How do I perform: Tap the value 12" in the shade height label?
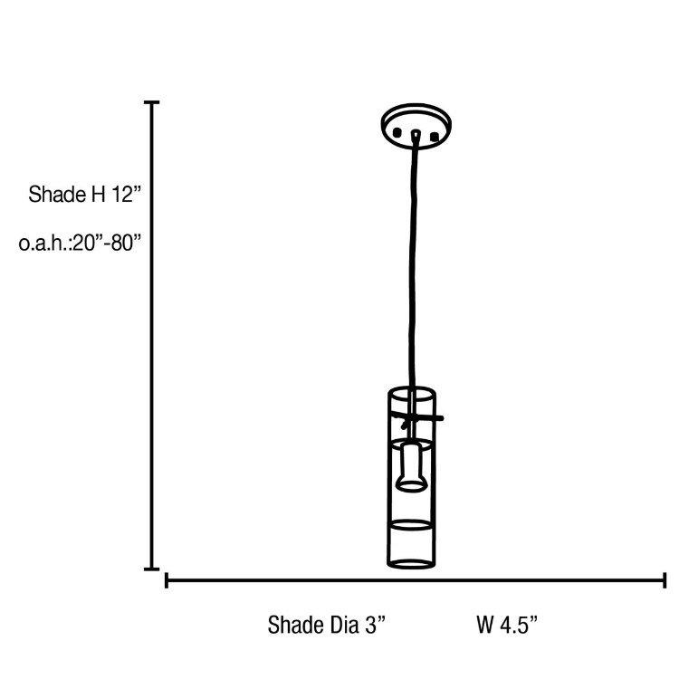128,194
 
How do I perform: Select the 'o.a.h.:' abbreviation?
44,244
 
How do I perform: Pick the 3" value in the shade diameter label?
376,625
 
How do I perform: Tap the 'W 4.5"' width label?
507,625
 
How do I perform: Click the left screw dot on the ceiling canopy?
397,135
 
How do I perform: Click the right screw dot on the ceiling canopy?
435,137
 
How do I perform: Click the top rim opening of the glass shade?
412,392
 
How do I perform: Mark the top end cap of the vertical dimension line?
152,103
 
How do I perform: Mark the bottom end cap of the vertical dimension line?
152,569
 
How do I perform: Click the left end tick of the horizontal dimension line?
167,579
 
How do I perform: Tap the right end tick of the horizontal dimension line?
665,579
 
